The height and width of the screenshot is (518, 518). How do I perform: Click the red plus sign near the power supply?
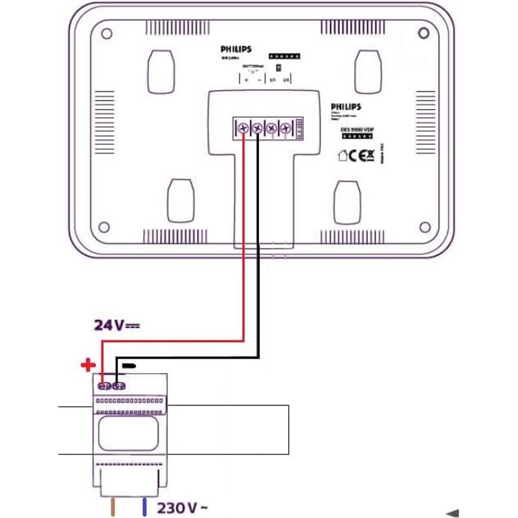coord(87,365)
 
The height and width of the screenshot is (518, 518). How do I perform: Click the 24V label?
coord(117,325)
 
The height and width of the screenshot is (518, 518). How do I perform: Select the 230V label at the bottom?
coord(182,507)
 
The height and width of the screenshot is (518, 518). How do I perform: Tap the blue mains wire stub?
coord(144,506)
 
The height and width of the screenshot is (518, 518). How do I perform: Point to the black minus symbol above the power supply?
coord(129,366)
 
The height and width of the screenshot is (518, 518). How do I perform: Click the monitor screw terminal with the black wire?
coord(257,128)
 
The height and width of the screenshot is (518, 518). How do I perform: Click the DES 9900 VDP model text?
coord(357,129)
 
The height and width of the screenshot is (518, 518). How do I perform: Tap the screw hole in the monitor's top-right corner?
coord(423,32)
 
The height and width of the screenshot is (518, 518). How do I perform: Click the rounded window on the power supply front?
coord(128,429)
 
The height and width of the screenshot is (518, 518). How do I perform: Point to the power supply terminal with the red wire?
coord(104,387)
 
